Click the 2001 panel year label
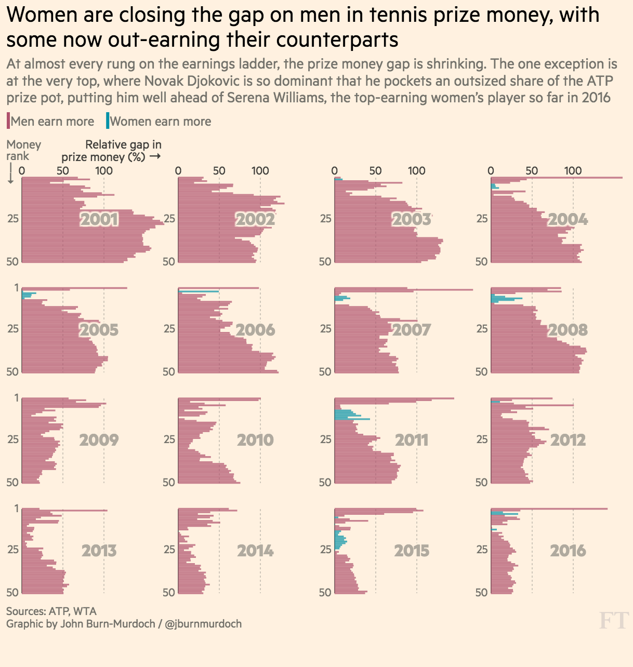99,219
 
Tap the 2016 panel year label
568,551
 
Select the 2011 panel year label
412,440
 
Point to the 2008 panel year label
568,330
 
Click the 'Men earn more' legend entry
51,122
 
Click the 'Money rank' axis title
23,150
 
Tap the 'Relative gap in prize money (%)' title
111,151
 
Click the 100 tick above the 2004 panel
573,170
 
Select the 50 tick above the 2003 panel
375,170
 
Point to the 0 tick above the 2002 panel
178,170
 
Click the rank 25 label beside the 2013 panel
13,550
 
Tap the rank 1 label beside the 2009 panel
17,398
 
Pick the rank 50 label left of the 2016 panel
482,592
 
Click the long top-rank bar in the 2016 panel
572,509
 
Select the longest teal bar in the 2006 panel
199,292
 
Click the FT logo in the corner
614,620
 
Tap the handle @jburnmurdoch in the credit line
203,624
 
